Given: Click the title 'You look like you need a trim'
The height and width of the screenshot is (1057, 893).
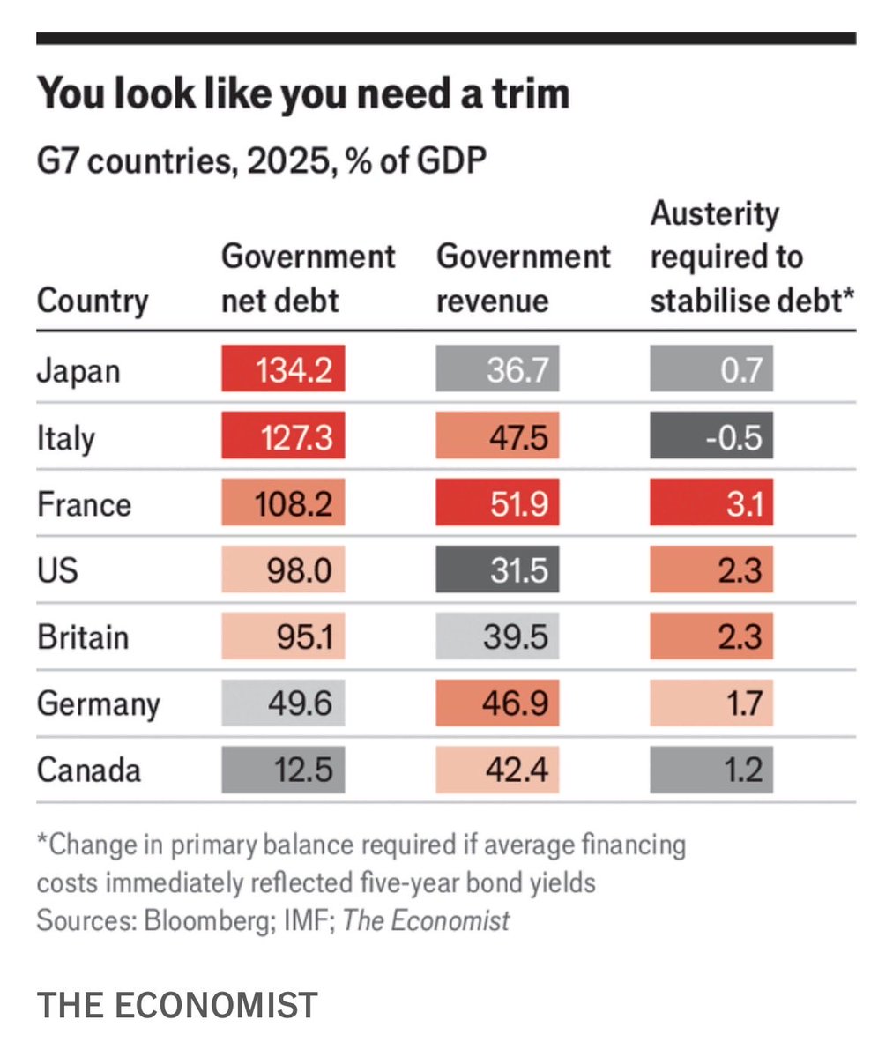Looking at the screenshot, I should click(x=302, y=93).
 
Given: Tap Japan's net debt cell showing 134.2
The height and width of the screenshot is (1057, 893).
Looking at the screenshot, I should click(x=283, y=369).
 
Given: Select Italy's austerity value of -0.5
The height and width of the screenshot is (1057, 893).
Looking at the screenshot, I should click(x=711, y=436).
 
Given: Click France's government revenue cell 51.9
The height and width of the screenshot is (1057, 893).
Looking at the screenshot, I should click(x=497, y=503).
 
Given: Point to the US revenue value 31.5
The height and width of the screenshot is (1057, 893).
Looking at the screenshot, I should click(x=497, y=570).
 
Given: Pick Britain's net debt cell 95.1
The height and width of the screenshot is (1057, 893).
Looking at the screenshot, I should click(x=283, y=636).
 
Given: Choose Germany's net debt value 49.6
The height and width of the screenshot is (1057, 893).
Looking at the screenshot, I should click(x=283, y=703).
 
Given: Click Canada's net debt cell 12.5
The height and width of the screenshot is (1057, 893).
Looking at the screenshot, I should click(x=283, y=770).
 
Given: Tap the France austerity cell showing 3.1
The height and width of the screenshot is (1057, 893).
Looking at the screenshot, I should click(x=711, y=503).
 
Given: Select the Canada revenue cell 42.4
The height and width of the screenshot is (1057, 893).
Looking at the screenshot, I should click(x=497, y=770).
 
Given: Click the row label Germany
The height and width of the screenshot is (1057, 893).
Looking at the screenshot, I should click(x=99, y=703).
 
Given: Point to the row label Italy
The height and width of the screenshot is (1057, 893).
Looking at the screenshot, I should click(x=65, y=437).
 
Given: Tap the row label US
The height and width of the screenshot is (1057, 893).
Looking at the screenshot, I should click(x=57, y=570).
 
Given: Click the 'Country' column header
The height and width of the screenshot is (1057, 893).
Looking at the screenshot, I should click(x=93, y=301).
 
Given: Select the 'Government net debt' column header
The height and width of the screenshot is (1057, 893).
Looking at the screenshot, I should click(x=308, y=279).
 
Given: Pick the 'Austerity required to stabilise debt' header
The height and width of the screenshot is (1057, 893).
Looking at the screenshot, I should click(x=752, y=257).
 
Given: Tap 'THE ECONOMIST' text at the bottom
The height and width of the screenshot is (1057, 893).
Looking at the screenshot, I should click(x=177, y=1005).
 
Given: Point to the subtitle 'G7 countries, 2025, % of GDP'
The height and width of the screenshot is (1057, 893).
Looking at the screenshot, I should click(x=261, y=161).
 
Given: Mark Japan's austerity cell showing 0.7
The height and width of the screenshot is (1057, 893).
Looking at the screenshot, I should click(x=711, y=369).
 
